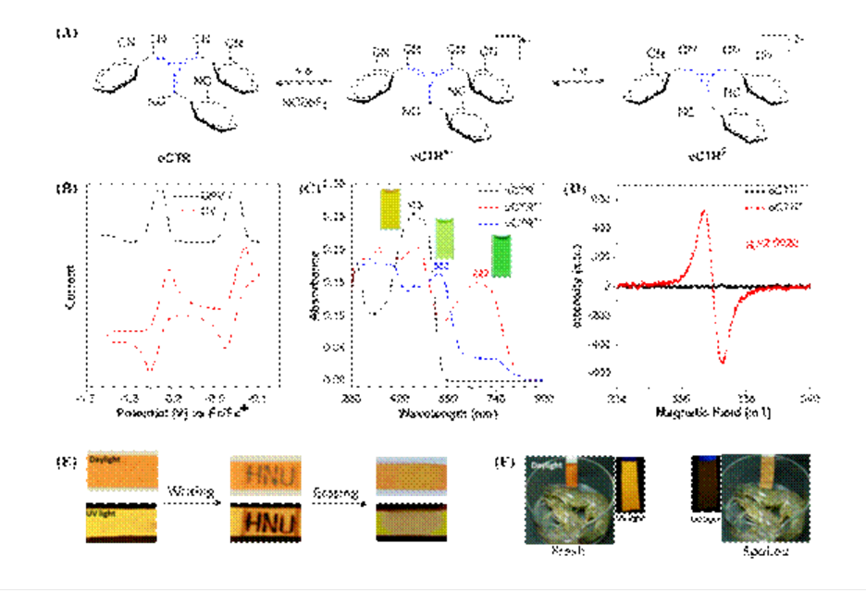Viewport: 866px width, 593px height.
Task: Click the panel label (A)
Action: [66, 33]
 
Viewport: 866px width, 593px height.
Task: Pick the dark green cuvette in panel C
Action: [502, 255]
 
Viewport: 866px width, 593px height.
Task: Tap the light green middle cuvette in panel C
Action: [445, 239]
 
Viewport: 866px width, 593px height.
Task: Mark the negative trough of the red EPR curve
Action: [724, 359]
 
